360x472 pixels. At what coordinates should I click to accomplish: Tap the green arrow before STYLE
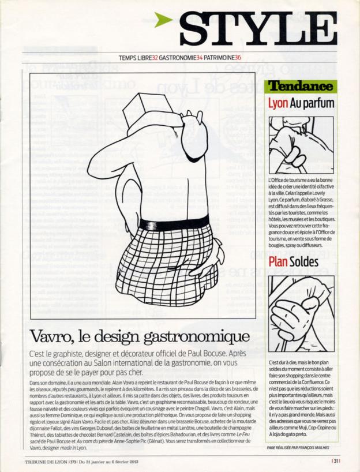tap(164, 21)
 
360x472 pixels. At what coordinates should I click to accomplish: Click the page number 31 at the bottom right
tap(336, 460)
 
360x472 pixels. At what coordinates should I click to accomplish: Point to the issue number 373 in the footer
tap(74, 461)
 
